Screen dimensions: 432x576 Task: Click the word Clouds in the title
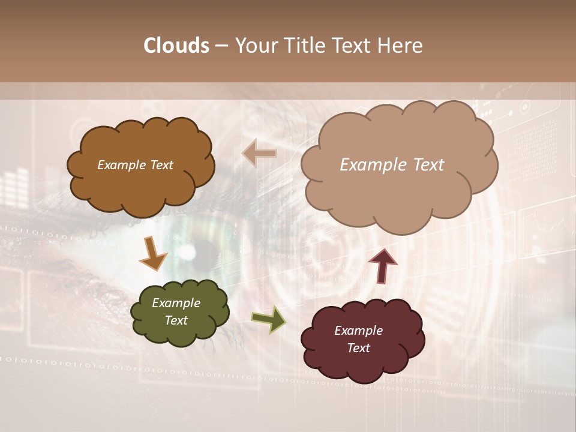point(176,46)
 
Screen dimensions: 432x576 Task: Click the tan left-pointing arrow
point(259,154)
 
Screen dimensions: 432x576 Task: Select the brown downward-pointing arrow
point(153,254)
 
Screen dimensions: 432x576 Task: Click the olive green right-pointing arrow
point(268,319)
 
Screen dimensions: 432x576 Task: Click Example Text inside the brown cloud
point(135,165)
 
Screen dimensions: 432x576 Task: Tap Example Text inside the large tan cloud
point(392,165)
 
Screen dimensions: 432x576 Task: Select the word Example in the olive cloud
point(176,303)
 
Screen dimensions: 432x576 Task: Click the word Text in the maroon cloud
point(358,348)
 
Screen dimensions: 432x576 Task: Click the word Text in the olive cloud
point(176,320)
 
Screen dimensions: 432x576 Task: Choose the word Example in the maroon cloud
point(358,331)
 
